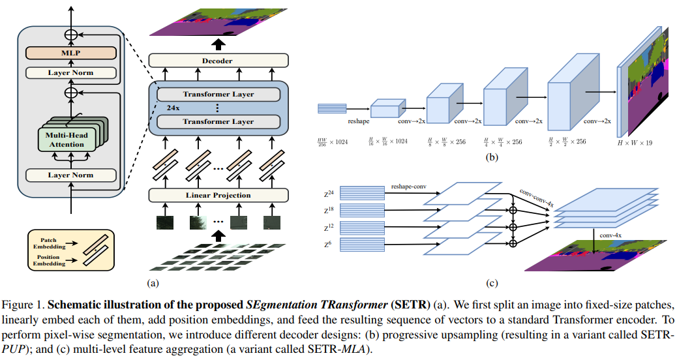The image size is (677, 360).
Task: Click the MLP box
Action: coord(71,53)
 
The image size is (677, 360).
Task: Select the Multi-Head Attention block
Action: coord(67,140)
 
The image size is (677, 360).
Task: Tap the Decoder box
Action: coord(218,61)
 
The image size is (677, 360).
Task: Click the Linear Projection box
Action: coord(218,195)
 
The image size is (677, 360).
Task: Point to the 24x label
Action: coord(173,108)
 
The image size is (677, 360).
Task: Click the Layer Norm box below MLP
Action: coord(71,72)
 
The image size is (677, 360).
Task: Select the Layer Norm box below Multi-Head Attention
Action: coord(71,175)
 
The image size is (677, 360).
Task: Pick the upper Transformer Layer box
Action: coord(218,94)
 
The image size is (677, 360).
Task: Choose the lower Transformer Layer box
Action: coord(218,121)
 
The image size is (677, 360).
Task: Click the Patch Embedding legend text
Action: coord(49,243)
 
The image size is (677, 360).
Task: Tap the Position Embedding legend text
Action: coord(49,260)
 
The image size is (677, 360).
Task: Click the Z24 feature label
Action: coord(329,194)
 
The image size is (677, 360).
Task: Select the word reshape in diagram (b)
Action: coord(358,121)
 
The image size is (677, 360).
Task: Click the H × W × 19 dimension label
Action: coord(635,143)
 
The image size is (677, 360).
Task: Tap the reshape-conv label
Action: coord(408,187)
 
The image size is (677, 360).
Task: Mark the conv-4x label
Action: coord(610,235)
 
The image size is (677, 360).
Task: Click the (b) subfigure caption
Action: coord(492,157)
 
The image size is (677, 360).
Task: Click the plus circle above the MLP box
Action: coord(71,35)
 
